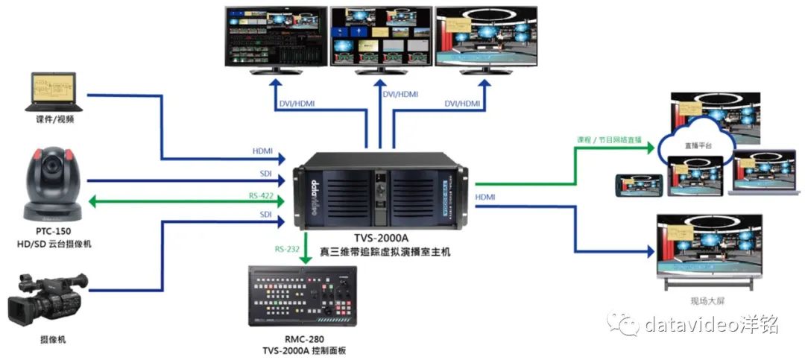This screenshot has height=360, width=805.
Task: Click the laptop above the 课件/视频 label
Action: (54, 92)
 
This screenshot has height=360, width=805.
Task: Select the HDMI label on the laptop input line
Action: (262, 151)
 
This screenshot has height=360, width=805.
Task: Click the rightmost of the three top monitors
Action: (487, 37)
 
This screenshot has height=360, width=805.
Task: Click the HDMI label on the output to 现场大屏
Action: (485, 197)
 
